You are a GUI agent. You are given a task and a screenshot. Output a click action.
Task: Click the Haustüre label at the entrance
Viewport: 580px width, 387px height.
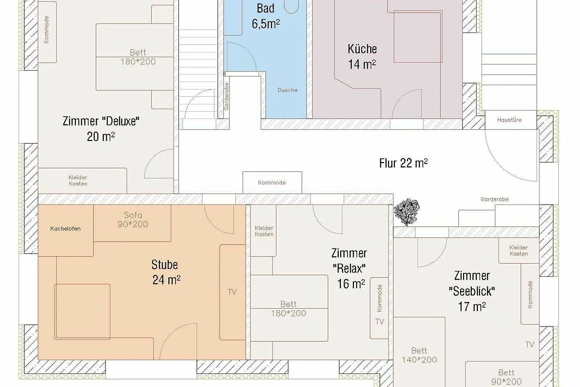(509, 120)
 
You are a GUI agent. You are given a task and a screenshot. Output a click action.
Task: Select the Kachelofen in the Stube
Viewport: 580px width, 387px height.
(66, 230)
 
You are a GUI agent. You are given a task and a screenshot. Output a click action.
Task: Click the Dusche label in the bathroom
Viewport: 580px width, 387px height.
(288, 90)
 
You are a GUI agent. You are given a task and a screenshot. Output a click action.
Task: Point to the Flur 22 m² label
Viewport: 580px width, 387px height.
(404, 164)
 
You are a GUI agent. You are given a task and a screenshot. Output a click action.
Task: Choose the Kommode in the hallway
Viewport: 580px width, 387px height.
(272, 182)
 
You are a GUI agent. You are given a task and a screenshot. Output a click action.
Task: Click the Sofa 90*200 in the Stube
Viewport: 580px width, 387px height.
(132, 223)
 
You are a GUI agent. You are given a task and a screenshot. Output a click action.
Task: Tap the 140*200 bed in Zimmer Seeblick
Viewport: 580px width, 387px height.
(419, 352)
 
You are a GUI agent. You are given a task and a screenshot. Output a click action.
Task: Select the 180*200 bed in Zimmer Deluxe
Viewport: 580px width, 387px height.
(135, 57)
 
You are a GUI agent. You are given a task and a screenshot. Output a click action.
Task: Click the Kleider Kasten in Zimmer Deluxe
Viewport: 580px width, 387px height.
(83, 180)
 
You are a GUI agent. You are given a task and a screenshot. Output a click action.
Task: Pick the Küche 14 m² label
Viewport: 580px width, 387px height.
(362, 57)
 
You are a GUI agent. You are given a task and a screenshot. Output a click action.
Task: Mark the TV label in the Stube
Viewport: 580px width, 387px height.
(232, 292)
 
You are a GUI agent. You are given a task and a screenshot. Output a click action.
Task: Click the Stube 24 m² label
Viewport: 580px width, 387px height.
(166, 272)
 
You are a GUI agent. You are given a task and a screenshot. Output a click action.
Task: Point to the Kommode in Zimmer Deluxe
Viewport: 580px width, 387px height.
(47, 32)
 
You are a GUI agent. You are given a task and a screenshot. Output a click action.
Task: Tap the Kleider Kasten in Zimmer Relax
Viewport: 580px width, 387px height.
(263, 231)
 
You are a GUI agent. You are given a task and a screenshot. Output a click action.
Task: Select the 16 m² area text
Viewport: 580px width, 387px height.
(351, 284)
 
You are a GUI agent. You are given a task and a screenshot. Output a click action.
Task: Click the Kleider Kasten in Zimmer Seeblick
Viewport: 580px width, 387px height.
(519, 251)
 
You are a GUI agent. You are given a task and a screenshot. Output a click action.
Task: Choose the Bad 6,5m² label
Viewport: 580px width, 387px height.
(266, 16)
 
